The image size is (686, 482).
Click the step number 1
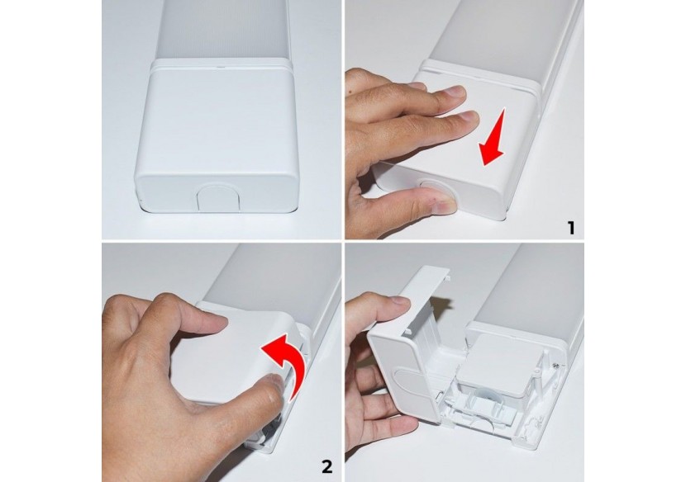(x=570, y=228)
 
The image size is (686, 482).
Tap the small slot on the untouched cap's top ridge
(x=220, y=68)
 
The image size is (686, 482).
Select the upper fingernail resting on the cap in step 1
(x=457, y=92)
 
